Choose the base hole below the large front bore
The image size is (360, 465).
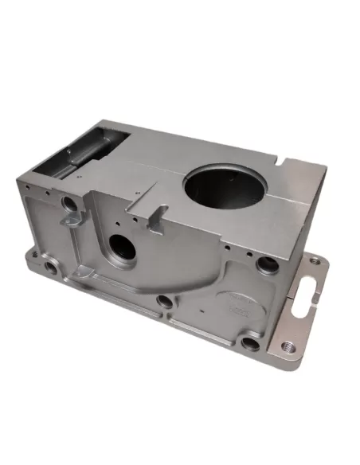tap(163, 301)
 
